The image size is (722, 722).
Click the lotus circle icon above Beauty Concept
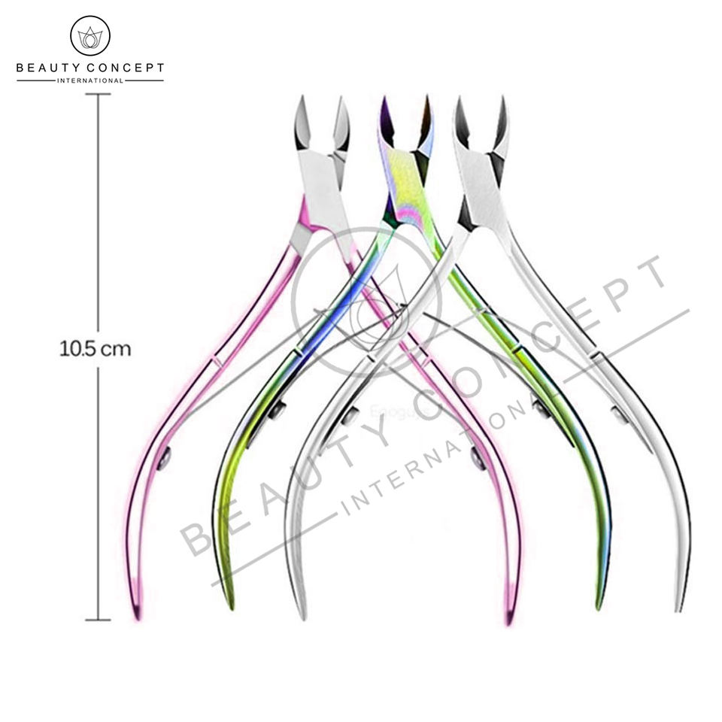(89, 35)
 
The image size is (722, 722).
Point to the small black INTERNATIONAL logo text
(89, 80)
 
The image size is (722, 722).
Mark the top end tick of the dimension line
(98, 94)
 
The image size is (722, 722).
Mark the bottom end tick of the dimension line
(98, 620)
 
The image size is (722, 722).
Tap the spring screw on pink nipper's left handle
(164, 456)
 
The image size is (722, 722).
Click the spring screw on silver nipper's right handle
(618, 413)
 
